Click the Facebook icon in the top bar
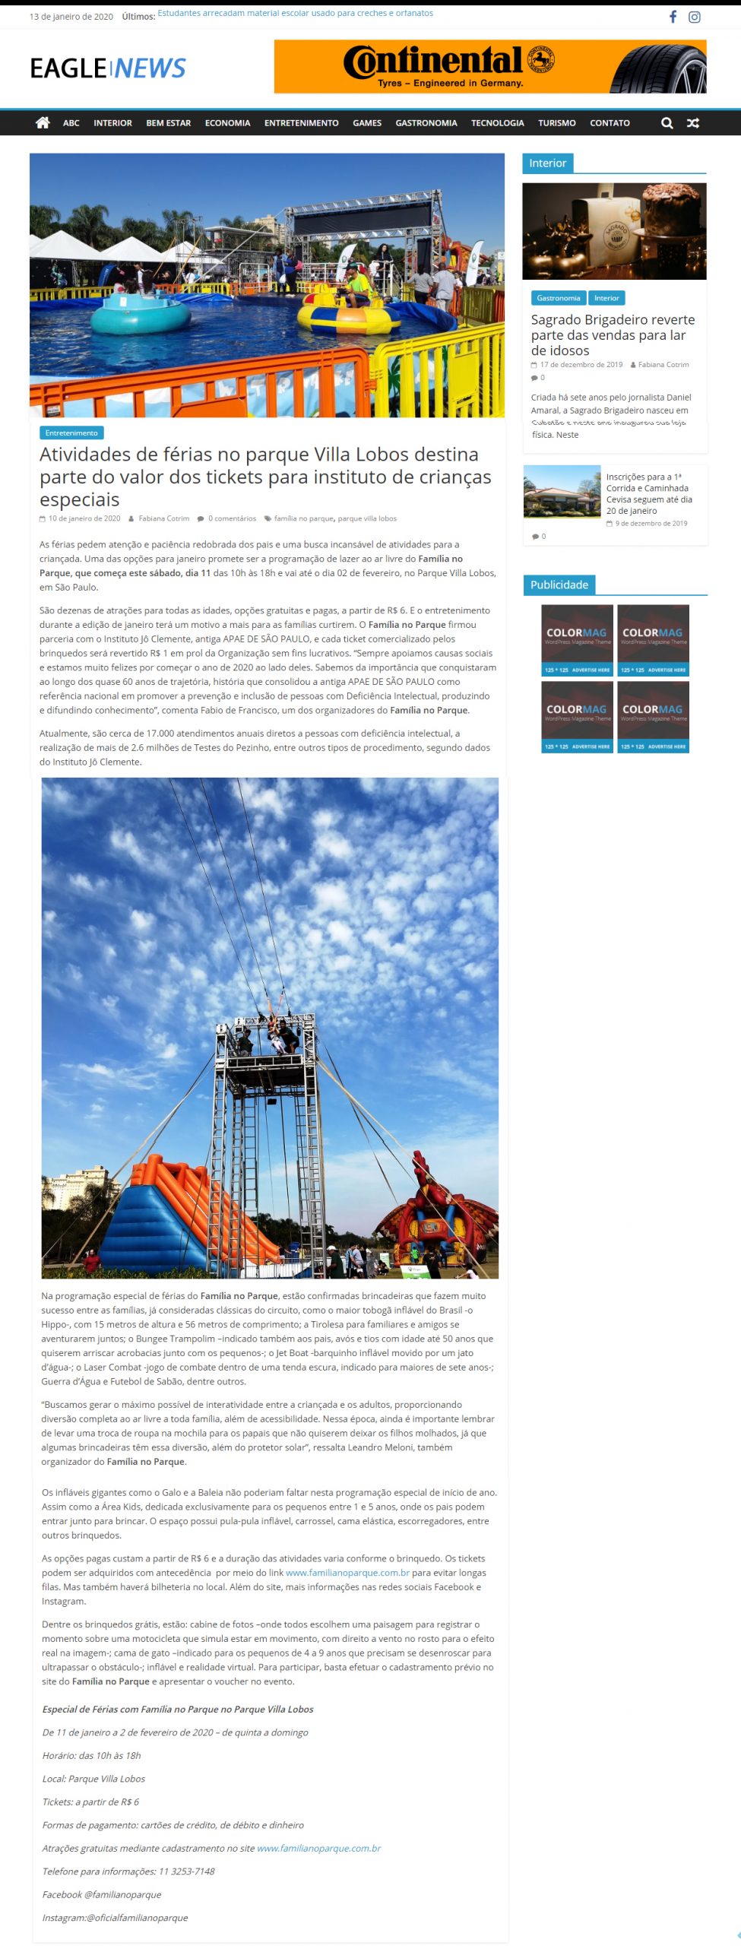coord(673,17)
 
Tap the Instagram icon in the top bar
coord(694,17)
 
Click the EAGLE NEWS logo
coord(108,68)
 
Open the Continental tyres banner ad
coord(489,67)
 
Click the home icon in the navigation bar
coord(43,122)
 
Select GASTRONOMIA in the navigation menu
coord(426,123)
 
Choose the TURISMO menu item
coord(556,123)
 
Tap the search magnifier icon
coord(667,123)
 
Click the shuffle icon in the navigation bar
coord(692,123)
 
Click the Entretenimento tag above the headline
coord(71,433)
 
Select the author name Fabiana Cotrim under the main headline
coord(163,518)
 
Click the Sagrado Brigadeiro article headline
coord(612,334)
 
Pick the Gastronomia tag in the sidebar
coord(558,298)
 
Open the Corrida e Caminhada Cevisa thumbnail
coord(562,492)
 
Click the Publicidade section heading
coord(559,585)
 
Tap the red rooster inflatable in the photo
coord(437,1215)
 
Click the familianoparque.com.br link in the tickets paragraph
coord(347,1573)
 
